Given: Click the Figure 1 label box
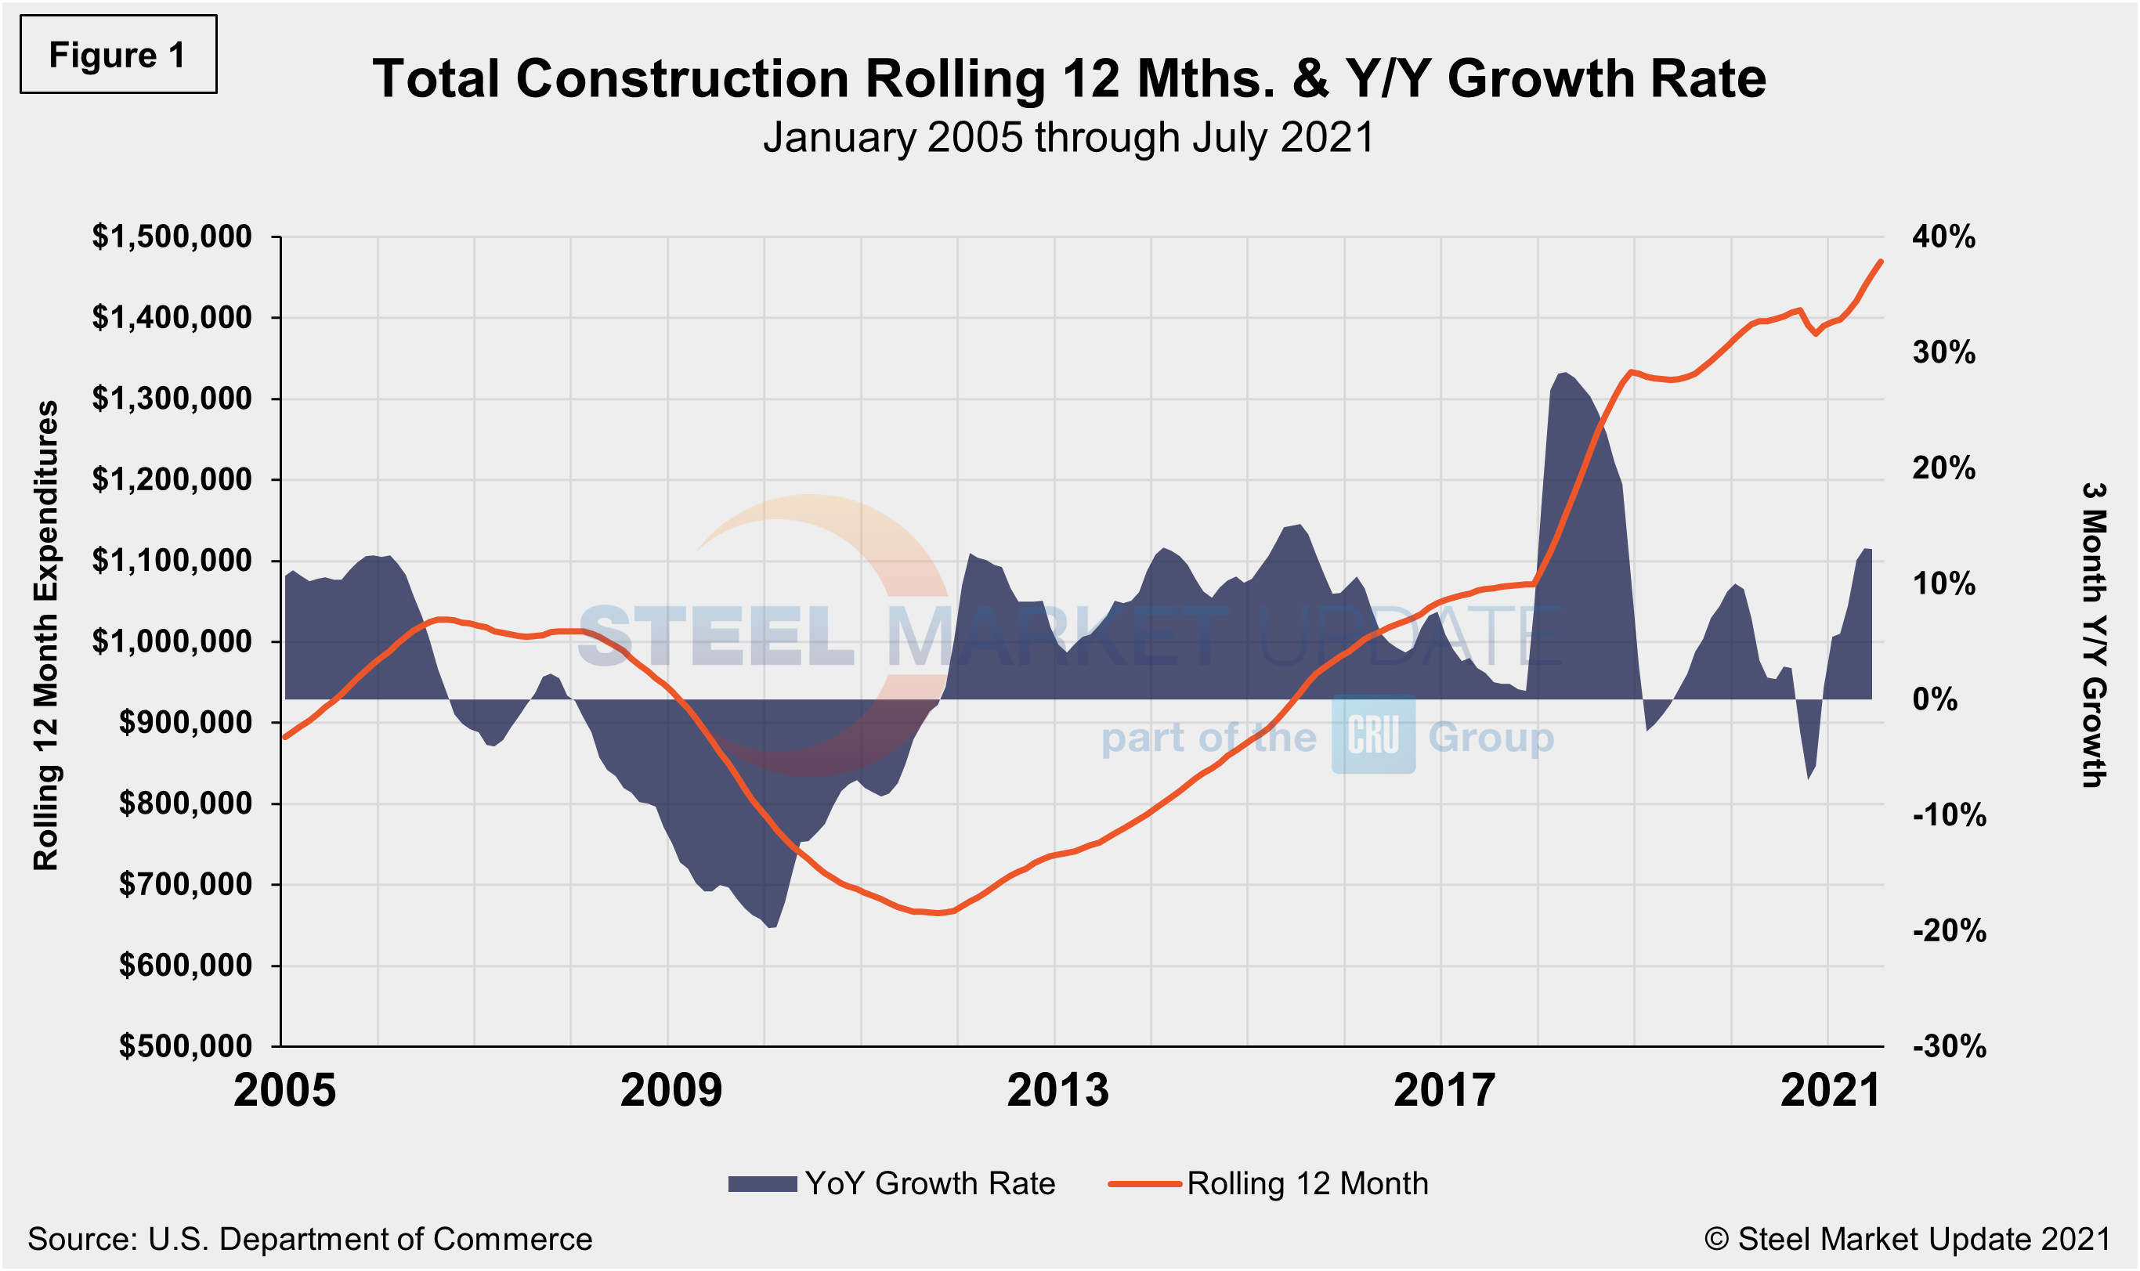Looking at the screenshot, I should coord(118,54).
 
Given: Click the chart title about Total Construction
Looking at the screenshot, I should coord(1068,78).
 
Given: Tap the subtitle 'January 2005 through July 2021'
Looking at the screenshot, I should coord(1068,137).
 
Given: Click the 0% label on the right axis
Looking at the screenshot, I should coord(1935,700).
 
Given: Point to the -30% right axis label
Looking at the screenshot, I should coord(1949,1045).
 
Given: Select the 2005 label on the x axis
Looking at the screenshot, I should coord(284,1091).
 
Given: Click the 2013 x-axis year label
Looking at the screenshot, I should coord(1057,1091).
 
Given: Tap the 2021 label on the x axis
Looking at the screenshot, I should coord(1831,1091).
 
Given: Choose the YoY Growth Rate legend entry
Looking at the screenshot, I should coord(892,1183).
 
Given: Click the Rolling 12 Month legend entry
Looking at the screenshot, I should coord(1269,1183).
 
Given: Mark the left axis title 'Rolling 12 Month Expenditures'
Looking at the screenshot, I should coord(45,636).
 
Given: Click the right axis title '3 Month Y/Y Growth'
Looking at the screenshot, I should coord(2094,636).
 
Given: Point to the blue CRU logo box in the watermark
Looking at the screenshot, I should coord(1372,735).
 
